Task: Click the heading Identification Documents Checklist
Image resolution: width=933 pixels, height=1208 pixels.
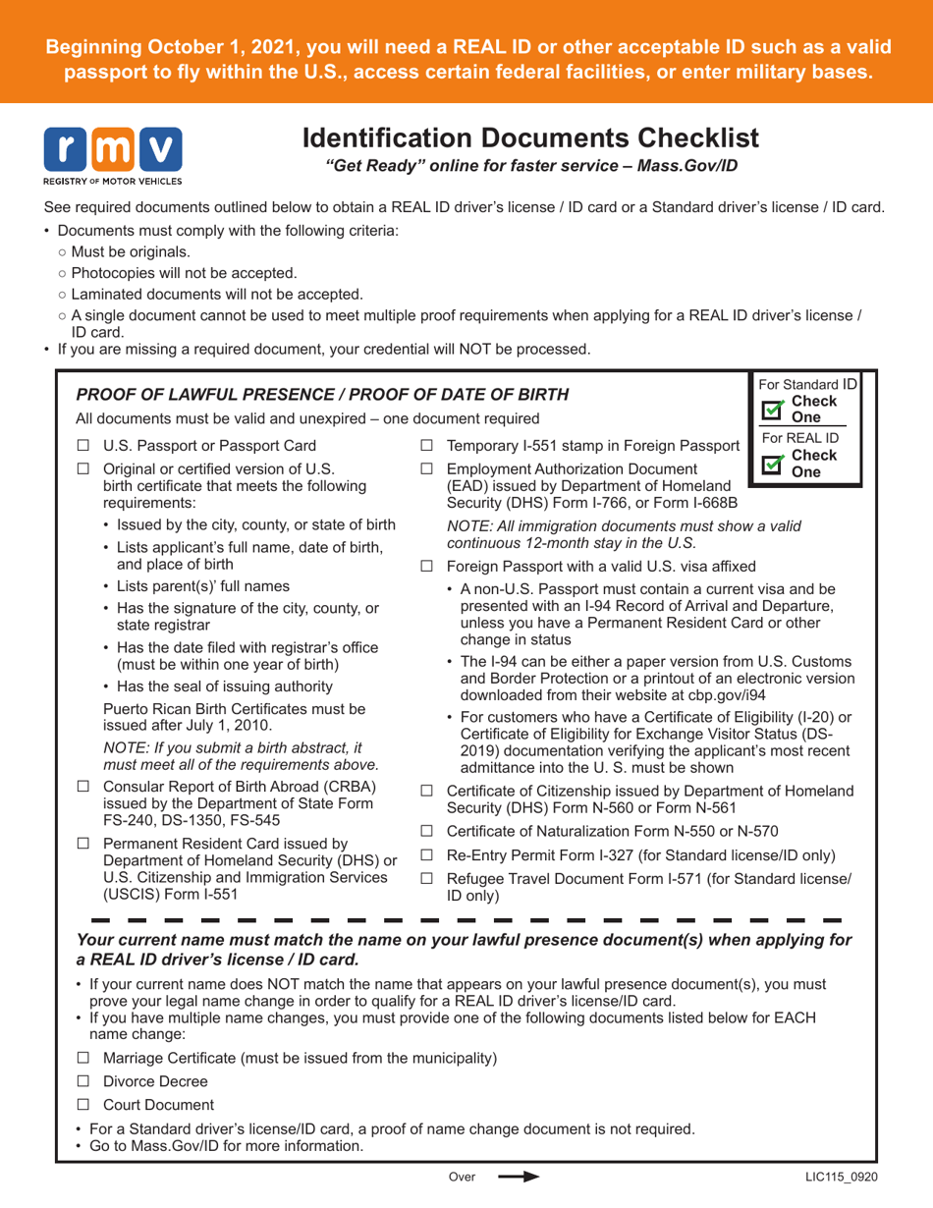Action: click(x=531, y=137)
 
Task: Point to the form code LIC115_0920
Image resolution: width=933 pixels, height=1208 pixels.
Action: click(x=833, y=1176)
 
